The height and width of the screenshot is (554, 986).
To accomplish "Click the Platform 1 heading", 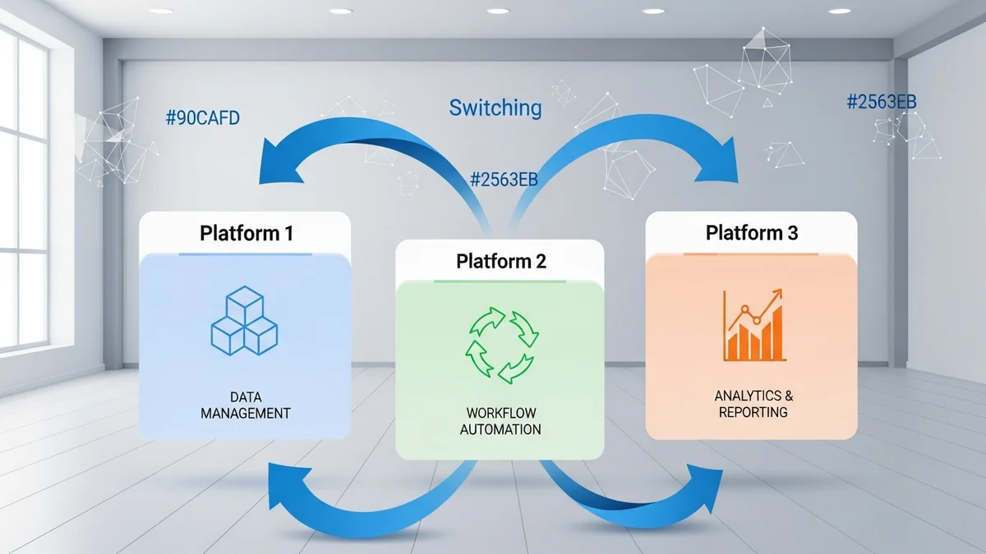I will point(246,233).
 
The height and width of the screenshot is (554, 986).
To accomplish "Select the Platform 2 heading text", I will point(501,262).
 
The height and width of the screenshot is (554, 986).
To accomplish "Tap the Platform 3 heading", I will point(751,233).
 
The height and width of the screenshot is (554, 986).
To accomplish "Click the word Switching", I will point(495,108).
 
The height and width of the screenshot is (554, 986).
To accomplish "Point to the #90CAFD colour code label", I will point(203,117).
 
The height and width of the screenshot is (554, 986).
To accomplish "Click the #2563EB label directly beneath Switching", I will point(504,180).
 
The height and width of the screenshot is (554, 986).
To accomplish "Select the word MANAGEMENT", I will point(246,413).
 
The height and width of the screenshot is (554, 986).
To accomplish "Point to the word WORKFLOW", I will point(500,412).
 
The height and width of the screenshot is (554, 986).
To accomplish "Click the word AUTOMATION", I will point(500,429).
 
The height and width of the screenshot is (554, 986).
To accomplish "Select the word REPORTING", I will point(753,412).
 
